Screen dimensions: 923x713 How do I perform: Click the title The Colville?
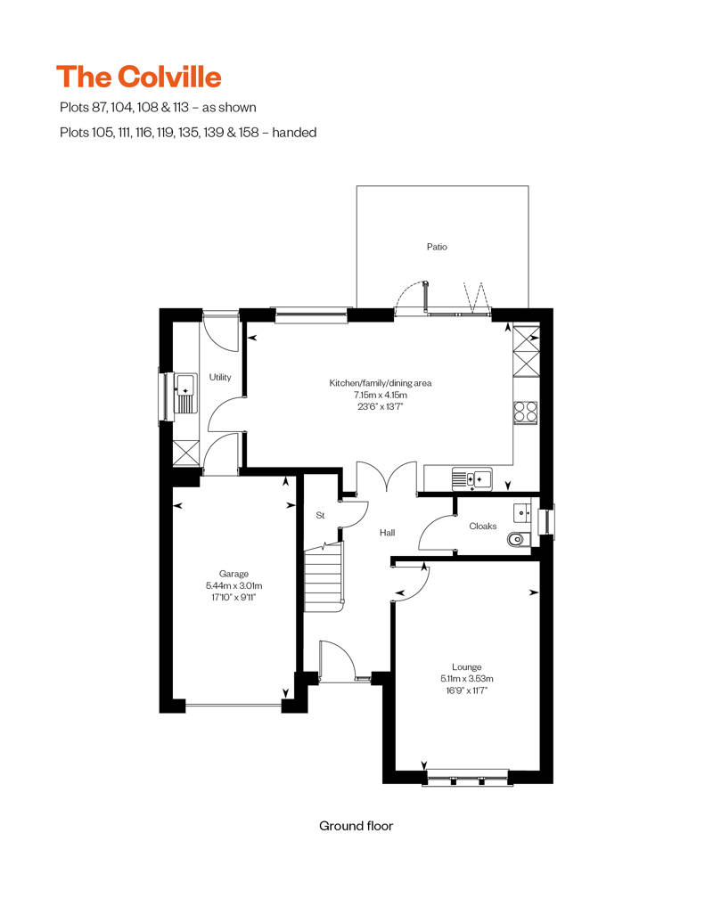click(x=138, y=77)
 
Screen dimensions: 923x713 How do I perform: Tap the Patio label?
click(x=436, y=247)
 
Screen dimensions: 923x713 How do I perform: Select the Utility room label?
click(x=220, y=377)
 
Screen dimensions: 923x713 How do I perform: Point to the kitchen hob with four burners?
click(x=526, y=411)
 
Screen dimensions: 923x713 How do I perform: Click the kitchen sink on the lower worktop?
click(x=471, y=479)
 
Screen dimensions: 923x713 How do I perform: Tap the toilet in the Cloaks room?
click(x=517, y=539)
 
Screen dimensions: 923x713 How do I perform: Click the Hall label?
click(x=387, y=533)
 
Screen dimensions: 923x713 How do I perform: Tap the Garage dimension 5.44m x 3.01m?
click(x=234, y=585)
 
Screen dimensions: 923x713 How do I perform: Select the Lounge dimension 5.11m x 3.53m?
click(x=466, y=678)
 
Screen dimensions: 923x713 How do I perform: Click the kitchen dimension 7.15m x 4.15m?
click(x=380, y=395)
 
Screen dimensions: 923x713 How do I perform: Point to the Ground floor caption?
click(x=356, y=826)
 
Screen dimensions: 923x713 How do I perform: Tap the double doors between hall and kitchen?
click(x=386, y=478)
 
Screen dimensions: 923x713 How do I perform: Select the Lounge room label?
click(x=466, y=666)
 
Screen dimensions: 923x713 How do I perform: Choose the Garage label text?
click(x=234, y=574)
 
